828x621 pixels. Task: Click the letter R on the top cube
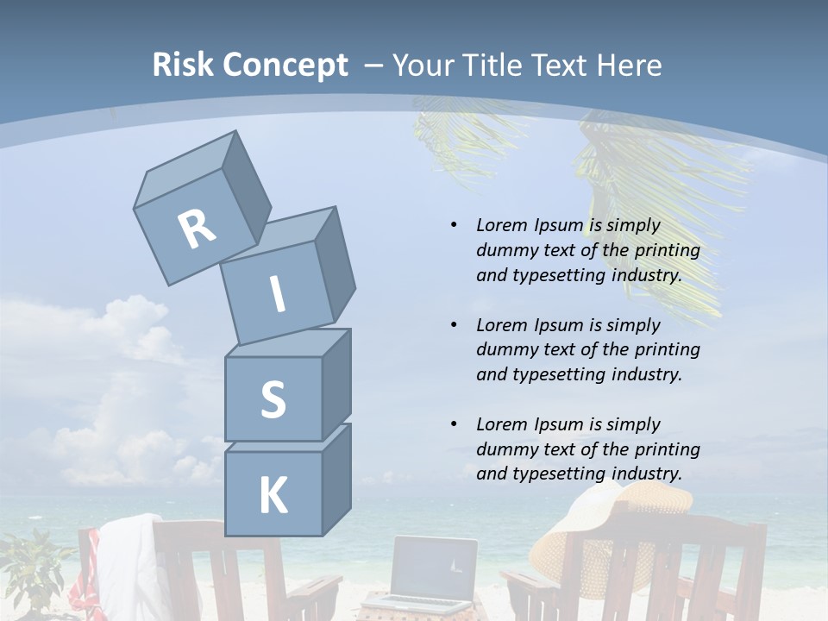(197, 229)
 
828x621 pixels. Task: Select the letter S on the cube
(273, 400)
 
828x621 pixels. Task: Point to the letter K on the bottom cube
(273, 496)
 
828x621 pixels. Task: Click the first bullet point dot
(454, 225)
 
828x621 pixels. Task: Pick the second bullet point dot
(454, 325)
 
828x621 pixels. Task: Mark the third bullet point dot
(454, 424)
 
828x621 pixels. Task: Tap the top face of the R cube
(186, 169)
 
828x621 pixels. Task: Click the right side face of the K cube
(336, 479)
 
